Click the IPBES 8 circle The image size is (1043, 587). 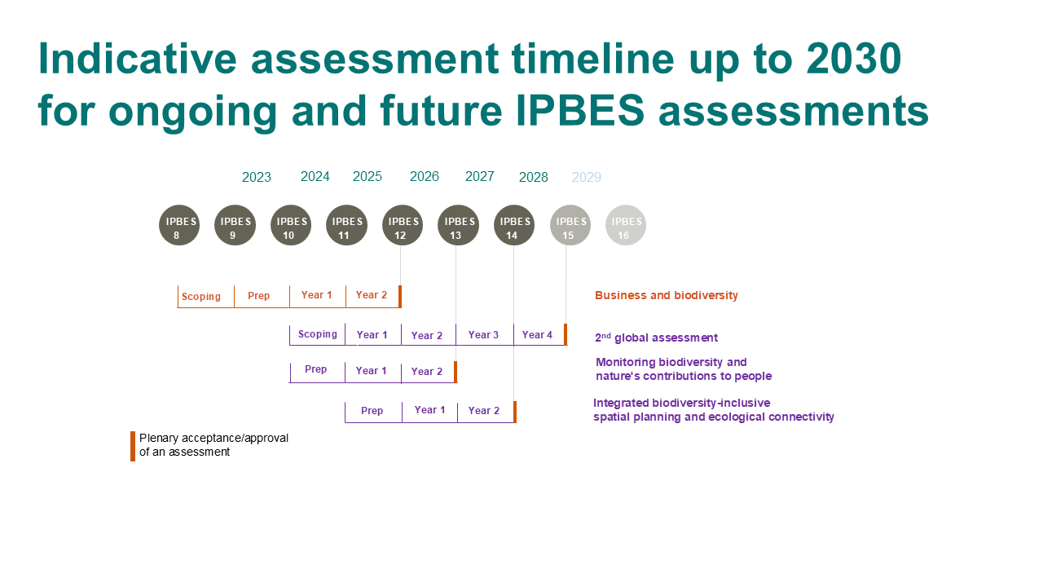click(179, 225)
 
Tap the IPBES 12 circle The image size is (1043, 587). click(403, 225)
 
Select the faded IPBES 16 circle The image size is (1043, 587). click(625, 225)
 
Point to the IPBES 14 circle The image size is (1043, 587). click(514, 225)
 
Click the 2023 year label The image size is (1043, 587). click(257, 177)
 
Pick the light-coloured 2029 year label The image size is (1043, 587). click(586, 177)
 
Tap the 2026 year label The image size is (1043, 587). click(425, 176)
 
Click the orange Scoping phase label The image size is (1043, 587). click(201, 297)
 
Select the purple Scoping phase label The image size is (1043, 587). click(318, 334)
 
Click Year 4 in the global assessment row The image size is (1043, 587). click(537, 334)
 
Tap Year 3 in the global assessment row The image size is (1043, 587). click(483, 334)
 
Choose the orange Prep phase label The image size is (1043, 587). click(258, 296)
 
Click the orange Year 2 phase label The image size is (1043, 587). click(371, 295)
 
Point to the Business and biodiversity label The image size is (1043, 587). click(667, 295)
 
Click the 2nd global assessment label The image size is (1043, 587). click(656, 338)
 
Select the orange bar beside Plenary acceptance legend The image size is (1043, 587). click(133, 446)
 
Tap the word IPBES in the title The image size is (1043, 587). click(580, 111)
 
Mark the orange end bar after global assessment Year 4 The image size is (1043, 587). click(566, 334)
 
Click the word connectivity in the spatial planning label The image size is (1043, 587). click(801, 417)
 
